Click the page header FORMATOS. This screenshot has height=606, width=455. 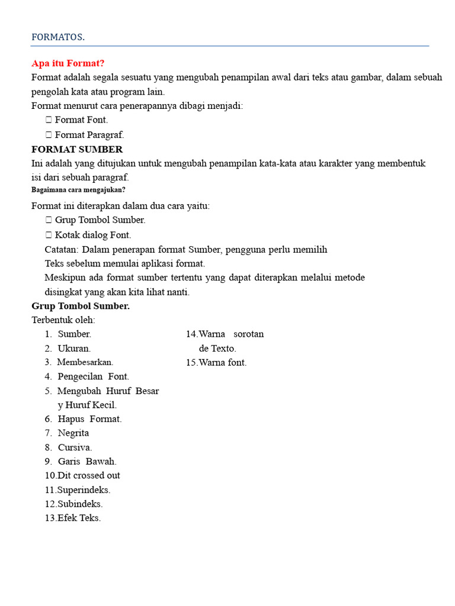coord(58,37)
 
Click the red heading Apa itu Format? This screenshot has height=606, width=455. coord(68,63)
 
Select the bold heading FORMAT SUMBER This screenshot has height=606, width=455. coord(77,149)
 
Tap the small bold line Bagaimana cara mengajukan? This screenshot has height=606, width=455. coord(78,190)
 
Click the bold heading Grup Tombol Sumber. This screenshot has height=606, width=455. coord(81,306)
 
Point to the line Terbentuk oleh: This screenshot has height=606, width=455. coord(63,320)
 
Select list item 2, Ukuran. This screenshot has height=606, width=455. coord(74,349)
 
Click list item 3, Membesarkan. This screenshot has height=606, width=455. coord(85,362)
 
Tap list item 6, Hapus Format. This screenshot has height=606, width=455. coord(89,419)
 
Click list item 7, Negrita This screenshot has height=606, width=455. coord(73,433)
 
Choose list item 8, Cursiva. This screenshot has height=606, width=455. coord(75,447)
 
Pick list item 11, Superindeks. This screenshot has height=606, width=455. coord(84,490)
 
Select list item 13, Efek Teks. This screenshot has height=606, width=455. coord(79,518)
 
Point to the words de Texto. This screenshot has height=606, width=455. coord(217,349)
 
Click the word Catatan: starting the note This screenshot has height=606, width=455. coord(62,250)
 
